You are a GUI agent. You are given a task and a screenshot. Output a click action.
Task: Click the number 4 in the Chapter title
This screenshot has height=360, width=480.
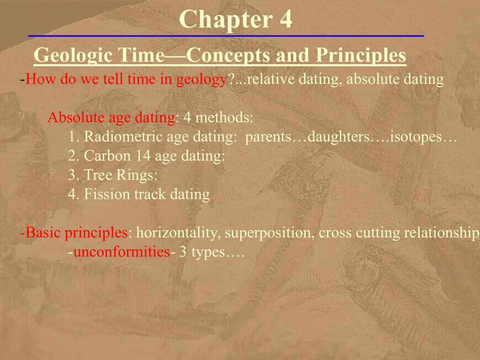pyautogui.click(x=285, y=19)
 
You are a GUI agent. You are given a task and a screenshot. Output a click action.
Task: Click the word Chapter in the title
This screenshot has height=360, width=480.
pyautogui.click(x=225, y=20)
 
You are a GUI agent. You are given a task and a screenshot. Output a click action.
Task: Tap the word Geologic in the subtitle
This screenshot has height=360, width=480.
pyautogui.click(x=73, y=55)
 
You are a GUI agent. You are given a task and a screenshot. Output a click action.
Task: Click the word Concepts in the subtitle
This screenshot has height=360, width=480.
pyautogui.click(x=228, y=55)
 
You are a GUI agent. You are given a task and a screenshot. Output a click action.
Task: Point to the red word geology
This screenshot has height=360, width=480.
pyautogui.click(x=202, y=80)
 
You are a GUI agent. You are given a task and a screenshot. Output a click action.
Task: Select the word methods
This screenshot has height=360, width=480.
pyautogui.click(x=224, y=117)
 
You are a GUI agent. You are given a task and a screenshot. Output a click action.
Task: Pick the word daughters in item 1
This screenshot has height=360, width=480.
pyautogui.click(x=338, y=137)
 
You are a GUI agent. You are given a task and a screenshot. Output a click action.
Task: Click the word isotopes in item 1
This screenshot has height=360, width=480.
pyautogui.click(x=416, y=137)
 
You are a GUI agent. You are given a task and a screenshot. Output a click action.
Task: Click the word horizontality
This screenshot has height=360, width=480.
pyautogui.click(x=178, y=233)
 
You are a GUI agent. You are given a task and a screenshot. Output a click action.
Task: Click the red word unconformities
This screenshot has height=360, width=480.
pyautogui.click(x=121, y=252)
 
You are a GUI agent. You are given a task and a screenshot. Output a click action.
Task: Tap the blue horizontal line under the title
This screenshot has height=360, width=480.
pyautogui.click(x=226, y=36)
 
